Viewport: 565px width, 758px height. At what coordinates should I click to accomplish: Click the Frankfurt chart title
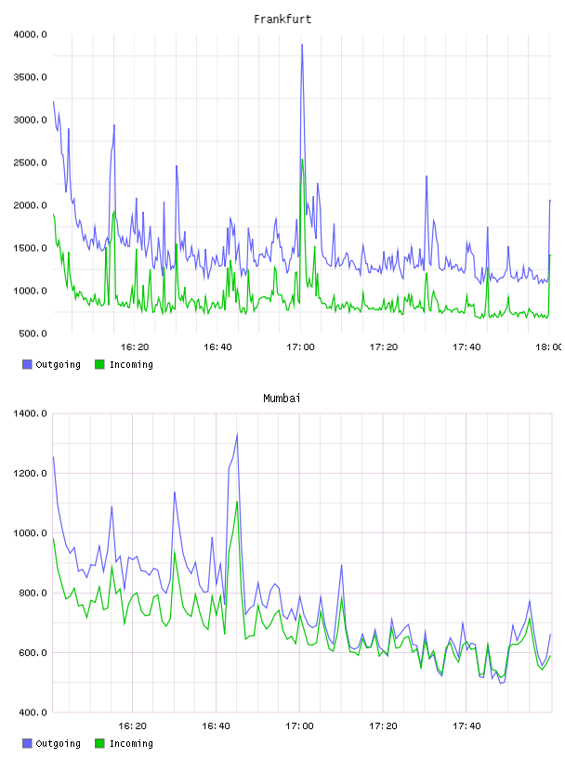tap(282, 20)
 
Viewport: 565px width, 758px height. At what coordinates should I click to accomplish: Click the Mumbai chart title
tap(282, 399)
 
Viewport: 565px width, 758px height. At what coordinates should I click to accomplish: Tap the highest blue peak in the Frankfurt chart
tap(302, 45)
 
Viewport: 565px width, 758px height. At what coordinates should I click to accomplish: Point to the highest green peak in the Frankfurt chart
tap(302, 160)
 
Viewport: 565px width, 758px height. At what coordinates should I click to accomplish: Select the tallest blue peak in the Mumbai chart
tap(237, 434)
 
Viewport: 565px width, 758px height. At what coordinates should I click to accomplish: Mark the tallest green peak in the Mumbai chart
tap(237, 502)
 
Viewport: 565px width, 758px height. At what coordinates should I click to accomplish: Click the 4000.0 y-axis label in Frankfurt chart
tap(30, 34)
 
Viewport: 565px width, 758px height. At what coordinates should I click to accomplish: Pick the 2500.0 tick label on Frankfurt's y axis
tap(30, 163)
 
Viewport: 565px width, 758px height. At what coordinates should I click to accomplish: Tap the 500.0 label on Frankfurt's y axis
tap(33, 333)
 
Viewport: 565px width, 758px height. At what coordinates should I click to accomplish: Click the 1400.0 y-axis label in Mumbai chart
tap(30, 413)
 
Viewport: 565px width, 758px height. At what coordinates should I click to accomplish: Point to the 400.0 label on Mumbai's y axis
tap(33, 712)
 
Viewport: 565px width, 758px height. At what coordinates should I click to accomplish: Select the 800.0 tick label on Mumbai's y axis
tap(33, 594)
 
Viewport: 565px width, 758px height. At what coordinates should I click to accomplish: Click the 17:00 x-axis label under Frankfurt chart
tap(300, 347)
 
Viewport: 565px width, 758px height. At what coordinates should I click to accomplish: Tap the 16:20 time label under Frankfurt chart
tap(135, 347)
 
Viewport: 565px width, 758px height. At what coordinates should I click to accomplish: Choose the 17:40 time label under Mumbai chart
tap(466, 726)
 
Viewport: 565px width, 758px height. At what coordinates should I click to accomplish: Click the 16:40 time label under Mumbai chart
tap(217, 726)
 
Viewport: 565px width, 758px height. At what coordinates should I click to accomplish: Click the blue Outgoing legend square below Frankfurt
tap(27, 364)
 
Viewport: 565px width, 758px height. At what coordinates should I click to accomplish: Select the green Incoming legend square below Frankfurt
tap(99, 364)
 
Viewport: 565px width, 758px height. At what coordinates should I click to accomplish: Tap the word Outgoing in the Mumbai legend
tap(58, 744)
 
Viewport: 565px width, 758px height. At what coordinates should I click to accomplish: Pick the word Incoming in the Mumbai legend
tap(131, 744)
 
